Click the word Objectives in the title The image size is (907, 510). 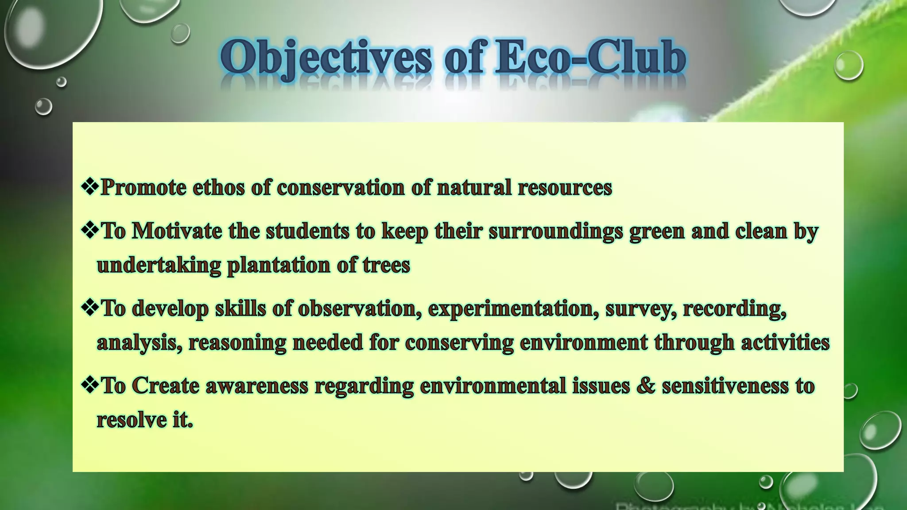(326, 58)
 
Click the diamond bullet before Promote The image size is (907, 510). (89, 186)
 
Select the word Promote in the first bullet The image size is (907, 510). (143, 188)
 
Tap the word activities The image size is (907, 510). (785, 342)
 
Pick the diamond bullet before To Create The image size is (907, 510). (89, 385)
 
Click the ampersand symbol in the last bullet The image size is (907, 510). (646, 386)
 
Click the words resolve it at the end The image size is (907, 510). (145, 419)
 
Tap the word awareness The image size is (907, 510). (256, 386)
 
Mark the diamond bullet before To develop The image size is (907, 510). (89, 307)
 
